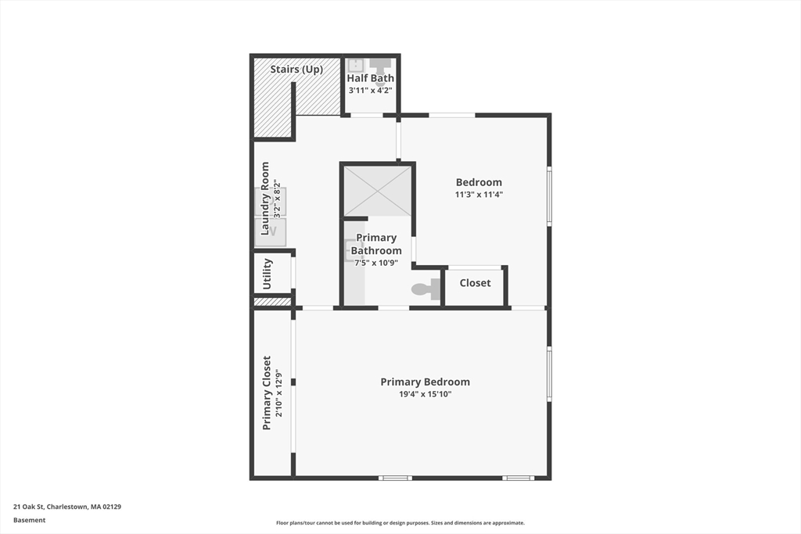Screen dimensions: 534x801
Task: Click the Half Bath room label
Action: [371, 78]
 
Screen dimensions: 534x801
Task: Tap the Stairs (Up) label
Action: [296, 70]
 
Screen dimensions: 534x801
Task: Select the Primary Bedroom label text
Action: [425, 382]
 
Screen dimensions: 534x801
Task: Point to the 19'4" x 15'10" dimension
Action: [425, 395]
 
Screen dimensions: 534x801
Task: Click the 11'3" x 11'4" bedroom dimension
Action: [479, 195]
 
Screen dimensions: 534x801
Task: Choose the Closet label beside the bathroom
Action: [475, 283]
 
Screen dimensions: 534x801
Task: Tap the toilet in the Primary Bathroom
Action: [425, 289]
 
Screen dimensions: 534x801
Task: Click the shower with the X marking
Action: [377, 190]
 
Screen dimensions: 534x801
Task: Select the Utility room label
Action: [268, 274]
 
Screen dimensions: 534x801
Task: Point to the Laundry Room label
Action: [265, 199]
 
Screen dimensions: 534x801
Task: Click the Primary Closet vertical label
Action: [267, 393]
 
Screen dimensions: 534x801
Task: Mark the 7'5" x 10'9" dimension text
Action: [375, 263]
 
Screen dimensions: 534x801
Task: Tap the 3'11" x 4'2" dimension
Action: [371, 91]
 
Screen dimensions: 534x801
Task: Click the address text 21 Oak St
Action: [67, 507]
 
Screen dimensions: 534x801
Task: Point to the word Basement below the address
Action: [30, 520]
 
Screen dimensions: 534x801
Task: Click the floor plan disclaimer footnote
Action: [400, 523]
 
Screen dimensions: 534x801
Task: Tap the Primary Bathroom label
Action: [375, 244]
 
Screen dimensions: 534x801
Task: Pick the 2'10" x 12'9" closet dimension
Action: [278, 393]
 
